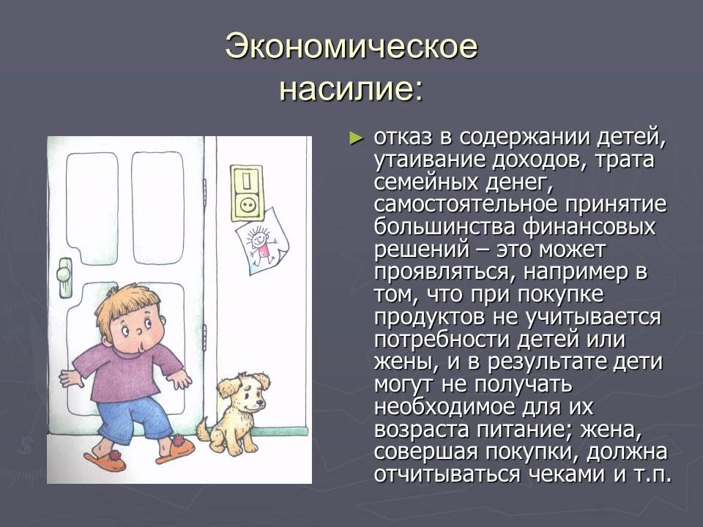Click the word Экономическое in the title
tap(351, 46)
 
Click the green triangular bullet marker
tap(356, 138)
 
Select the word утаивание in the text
tap(430, 160)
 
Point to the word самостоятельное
tap(466, 204)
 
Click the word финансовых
tap(589, 227)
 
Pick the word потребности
tap(442, 339)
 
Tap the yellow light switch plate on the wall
tap(247, 193)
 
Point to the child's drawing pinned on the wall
tap(262, 241)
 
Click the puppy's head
tap(245, 393)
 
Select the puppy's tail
tap(204, 429)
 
